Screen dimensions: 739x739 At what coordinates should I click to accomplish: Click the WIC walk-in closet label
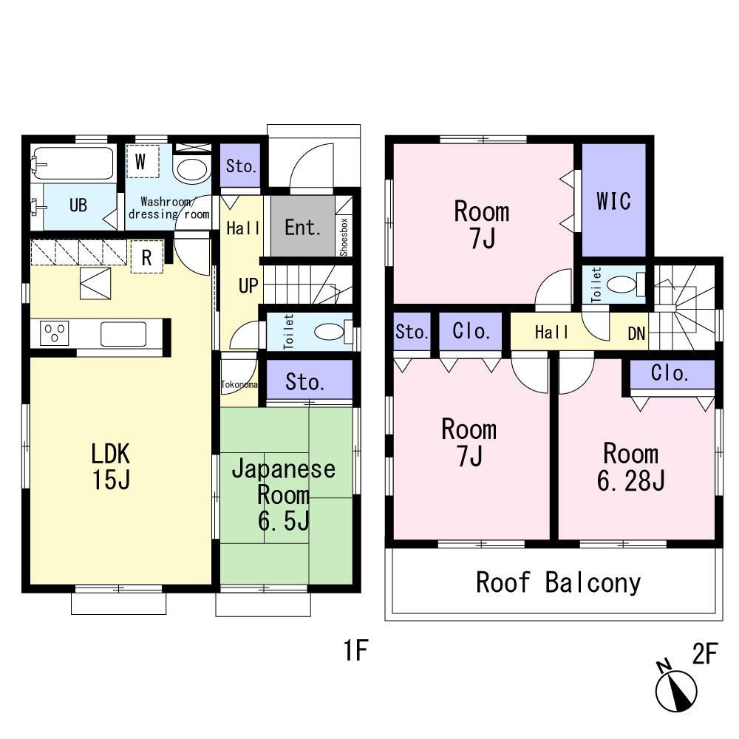pos(613,201)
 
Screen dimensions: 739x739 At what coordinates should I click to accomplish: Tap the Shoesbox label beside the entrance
pos(344,237)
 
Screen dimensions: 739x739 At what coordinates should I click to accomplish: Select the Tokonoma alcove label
pos(239,384)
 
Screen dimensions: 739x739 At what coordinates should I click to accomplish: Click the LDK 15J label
pos(111,466)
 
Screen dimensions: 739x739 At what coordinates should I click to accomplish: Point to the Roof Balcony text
pos(558,583)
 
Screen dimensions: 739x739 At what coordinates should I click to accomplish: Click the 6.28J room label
pos(630,468)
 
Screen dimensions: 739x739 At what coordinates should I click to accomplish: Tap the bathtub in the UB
pos(73,163)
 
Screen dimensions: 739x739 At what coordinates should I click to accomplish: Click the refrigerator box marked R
pos(146,257)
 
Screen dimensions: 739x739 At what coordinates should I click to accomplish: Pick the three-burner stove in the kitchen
pos(55,333)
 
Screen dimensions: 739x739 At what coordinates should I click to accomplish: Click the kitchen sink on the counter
pos(123,334)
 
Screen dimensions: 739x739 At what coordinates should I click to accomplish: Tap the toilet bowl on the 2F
pos(622,285)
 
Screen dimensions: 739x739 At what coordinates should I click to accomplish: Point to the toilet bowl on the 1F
pos(330,331)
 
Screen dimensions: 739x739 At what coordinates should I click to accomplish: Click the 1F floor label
pos(355,650)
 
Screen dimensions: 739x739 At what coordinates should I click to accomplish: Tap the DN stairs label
pos(636,334)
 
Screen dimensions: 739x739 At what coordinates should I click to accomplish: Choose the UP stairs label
pos(248,286)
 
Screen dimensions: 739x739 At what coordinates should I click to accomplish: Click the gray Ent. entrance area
pos(302,226)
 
